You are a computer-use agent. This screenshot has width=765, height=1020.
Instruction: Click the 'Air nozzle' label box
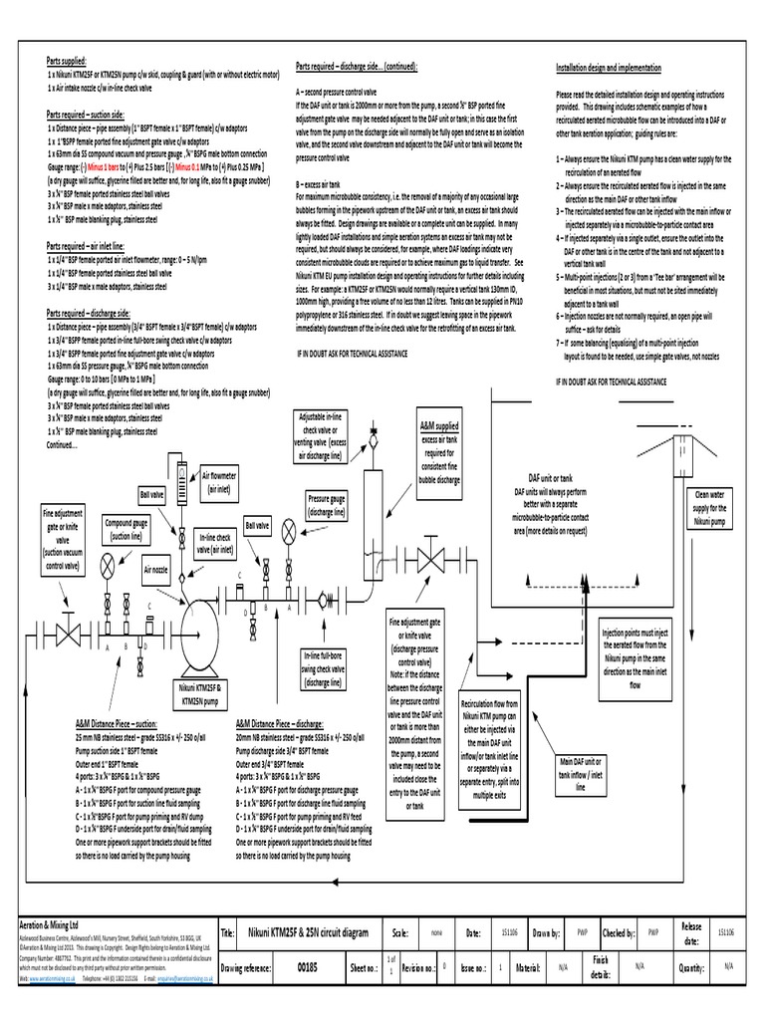156,571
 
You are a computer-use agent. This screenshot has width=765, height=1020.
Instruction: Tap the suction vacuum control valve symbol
70,634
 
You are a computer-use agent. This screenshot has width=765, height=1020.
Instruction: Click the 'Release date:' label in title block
690,933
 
